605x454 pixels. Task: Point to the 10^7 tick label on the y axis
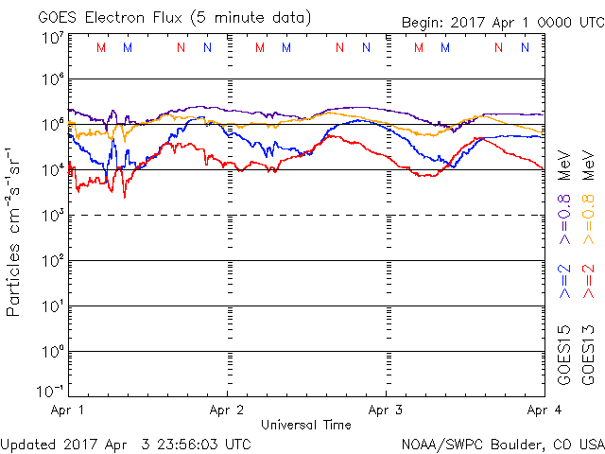tap(50, 38)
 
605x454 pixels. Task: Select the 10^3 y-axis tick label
tap(50, 216)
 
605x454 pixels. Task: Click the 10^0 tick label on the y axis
tap(50, 352)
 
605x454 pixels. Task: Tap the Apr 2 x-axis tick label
tap(227, 410)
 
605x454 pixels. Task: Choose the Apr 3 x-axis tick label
tap(386, 410)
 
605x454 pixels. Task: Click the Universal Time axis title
tap(305, 425)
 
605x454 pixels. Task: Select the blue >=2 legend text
tap(565, 281)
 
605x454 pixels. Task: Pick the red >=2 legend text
tap(589, 281)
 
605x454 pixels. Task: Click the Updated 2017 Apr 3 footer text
tap(126, 443)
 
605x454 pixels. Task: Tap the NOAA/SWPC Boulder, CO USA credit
tap(502, 443)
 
